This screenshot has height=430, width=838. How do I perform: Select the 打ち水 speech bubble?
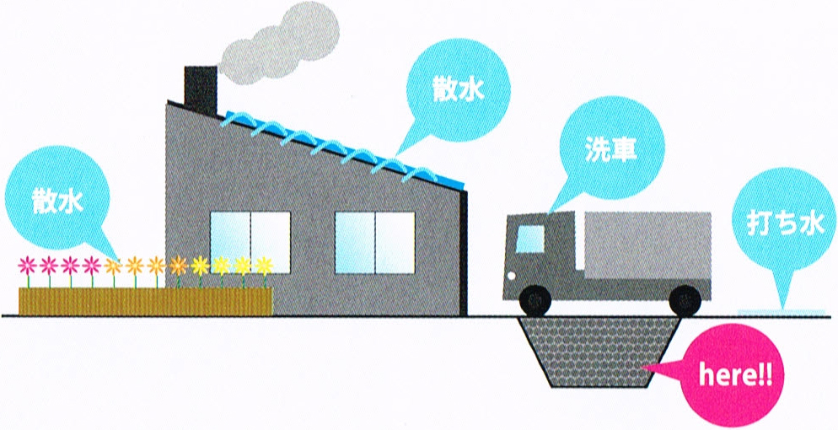pos(785,225)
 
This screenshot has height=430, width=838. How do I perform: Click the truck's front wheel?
pos(535,298)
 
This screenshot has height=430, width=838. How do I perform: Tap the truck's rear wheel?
pos(685,298)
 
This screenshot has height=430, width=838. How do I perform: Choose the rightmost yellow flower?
pos(264,266)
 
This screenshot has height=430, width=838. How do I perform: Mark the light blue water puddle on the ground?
pos(781,311)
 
